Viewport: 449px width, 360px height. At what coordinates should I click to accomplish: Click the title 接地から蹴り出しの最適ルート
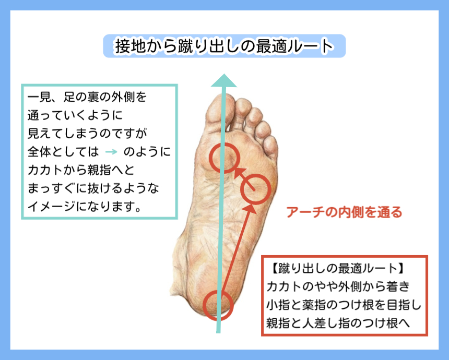click(224, 46)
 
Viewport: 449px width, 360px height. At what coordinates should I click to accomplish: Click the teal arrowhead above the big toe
click(223, 80)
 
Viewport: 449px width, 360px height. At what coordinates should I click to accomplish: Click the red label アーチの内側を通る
click(344, 212)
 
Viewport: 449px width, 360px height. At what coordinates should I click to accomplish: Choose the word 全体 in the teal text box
click(40, 152)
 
